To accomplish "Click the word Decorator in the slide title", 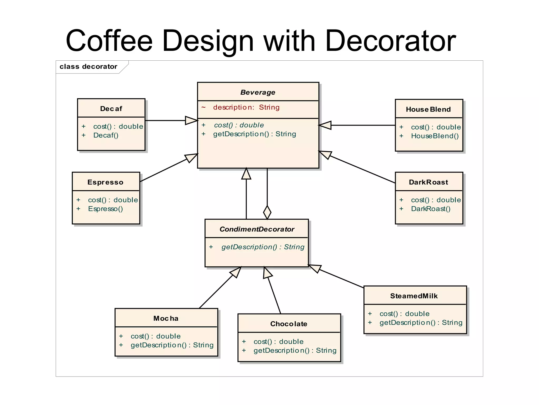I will pos(391,41).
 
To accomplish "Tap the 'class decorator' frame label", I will pos(88,66).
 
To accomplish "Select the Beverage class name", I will pos(258,92).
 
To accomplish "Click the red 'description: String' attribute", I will pos(246,107).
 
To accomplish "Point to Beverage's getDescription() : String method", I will pos(254,134).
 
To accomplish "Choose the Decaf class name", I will pos(111,109).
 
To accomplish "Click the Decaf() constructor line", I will pos(106,135).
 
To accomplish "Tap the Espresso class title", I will pos(105,182).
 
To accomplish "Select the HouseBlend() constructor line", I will pos(435,136).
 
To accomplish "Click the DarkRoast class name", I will pos(428,182).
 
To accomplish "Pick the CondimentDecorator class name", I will pos(257,229).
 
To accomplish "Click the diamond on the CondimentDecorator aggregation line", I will pos(267,212).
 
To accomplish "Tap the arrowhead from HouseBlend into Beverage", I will pos(325,125).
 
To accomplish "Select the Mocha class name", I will pos(166,318).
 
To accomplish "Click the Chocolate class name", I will pos(289,324).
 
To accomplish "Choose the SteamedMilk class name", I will pos(414,296).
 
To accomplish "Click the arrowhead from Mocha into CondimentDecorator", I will pos(236,272).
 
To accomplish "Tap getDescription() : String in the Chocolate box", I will pos(295,350).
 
